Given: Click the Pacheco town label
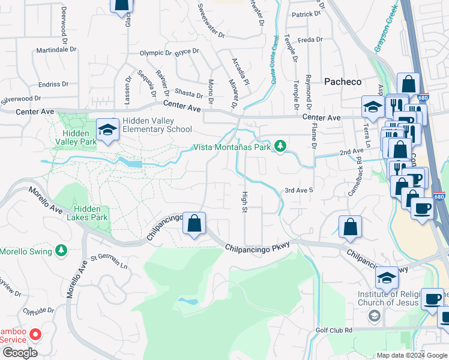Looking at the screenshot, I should pyautogui.click(x=343, y=81).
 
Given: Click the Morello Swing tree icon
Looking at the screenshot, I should pyautogui.click(x=61, y=250).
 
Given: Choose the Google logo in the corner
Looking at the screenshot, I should pyautogui.click(x=20, y=353).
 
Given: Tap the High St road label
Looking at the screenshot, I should pyautogui.click(x=244, y=202).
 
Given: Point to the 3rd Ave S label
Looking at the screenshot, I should pyautogui.click(x=299, y=190).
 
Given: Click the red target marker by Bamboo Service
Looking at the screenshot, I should pyautogui.click(x=35, y=335).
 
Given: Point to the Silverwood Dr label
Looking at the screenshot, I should pyautogui.click(x=20, y=98).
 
